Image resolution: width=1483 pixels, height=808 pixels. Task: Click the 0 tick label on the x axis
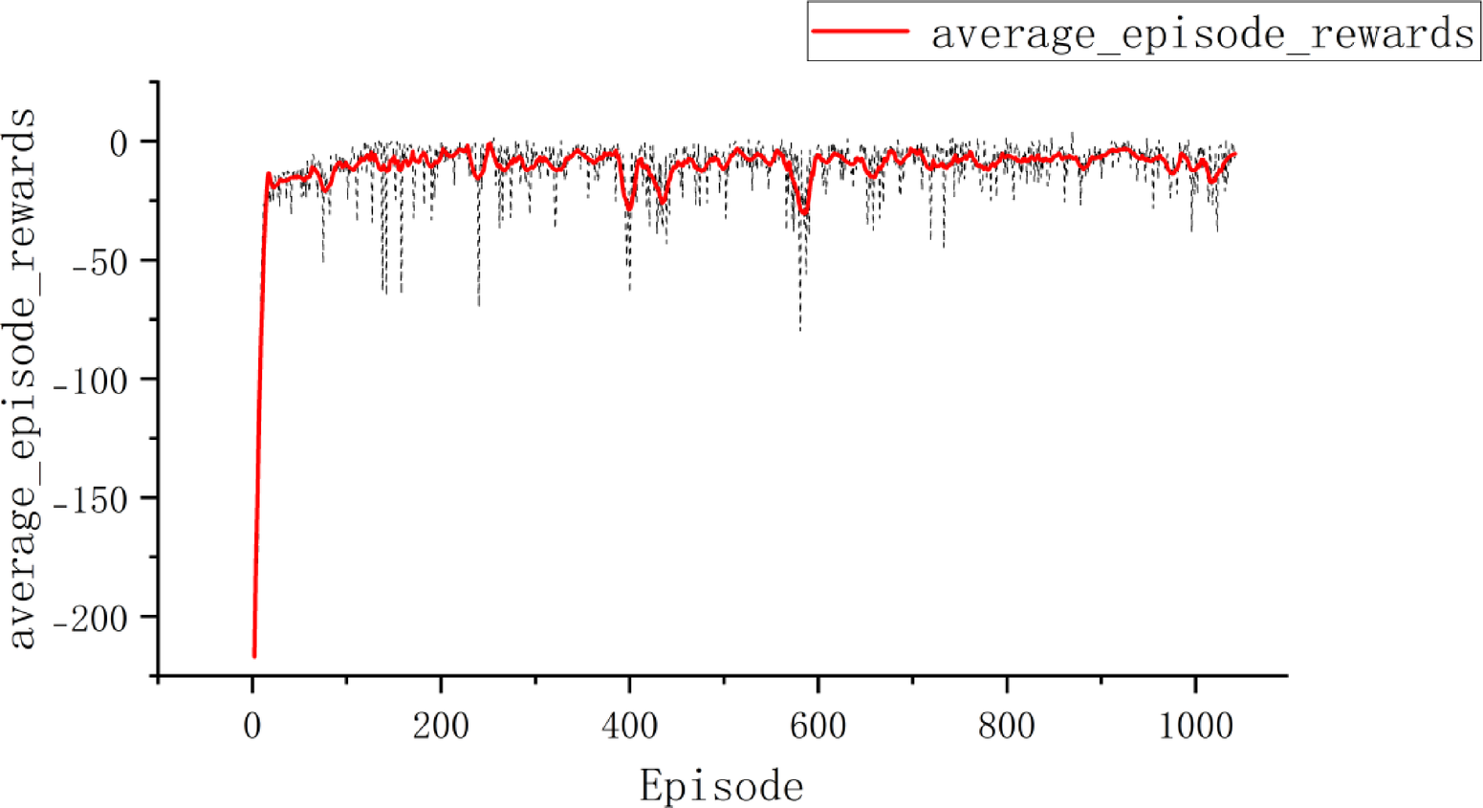tap(252, 726)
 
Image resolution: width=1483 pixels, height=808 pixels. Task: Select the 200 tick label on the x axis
tap(441, 726)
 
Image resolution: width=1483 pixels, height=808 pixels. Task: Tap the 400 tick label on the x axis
tap(629, 726)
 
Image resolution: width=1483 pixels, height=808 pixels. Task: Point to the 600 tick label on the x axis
tap(818, 726)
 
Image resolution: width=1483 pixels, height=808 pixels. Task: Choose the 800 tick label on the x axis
tap(1006, 726)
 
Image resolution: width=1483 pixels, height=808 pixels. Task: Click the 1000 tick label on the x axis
tap(1195, 726)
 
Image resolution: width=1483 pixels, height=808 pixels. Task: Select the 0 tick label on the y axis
tap(119, 143)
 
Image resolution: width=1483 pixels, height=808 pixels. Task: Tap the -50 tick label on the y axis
tap(100, 262)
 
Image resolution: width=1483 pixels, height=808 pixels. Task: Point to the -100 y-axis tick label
tap(91, 381)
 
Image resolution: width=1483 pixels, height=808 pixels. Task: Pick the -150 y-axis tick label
tap(91, 499)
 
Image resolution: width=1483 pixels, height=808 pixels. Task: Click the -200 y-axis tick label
tap(91, 619)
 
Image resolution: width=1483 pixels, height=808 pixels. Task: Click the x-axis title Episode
tap(721, 786)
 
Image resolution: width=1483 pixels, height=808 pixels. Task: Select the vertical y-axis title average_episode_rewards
tap(23, 379)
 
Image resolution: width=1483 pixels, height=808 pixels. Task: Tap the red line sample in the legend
tap(860, 32)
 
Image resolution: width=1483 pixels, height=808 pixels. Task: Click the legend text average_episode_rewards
tap(1202, 33)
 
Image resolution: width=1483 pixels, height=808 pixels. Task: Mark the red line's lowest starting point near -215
tap(254, 656)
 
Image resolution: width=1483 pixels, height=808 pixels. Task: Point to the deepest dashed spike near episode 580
tap(800, 330)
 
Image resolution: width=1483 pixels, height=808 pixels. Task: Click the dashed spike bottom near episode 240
tap(479, 305)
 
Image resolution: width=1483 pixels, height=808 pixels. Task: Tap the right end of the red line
tap(1234, 154)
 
